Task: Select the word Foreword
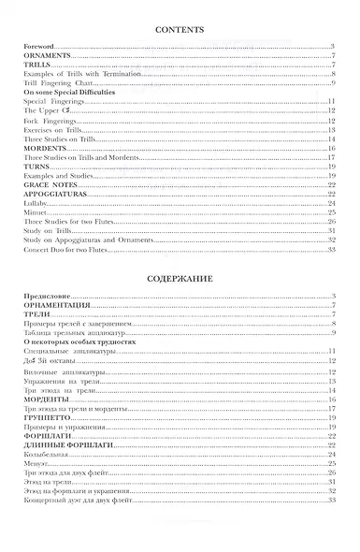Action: point(41,47)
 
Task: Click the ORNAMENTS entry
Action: point(48,57)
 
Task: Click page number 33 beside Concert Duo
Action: point(332,249)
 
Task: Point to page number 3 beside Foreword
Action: point(334,47)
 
